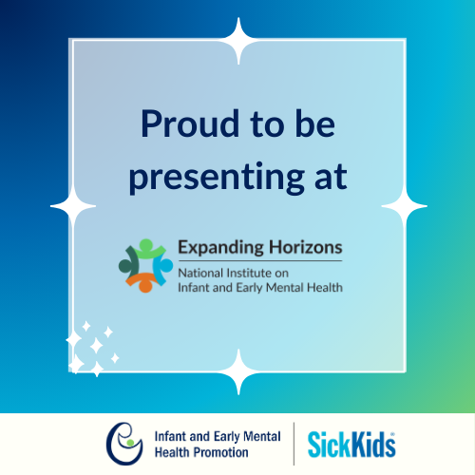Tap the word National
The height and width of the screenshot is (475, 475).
point(201,273)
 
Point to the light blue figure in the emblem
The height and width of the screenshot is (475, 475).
point(164,264)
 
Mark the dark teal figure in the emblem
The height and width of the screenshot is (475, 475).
point(128,263)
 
